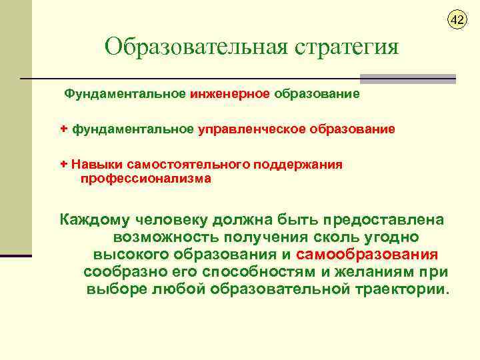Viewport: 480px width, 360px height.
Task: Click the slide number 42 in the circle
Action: click(x=457, y=20)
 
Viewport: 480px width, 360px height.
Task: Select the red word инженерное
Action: click(x=229, y=94)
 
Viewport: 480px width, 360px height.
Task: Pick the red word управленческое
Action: click(x=251, y=129)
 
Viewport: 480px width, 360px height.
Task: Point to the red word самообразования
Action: click(x=367, y=254)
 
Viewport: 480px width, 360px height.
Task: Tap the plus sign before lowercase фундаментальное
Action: click(x=64, y=129)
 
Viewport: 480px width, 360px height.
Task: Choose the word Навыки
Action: click(x=94, y=164)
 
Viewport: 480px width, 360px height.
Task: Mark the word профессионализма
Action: click(x=146, y=179)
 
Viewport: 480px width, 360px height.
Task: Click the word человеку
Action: click(x=176, y=219)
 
